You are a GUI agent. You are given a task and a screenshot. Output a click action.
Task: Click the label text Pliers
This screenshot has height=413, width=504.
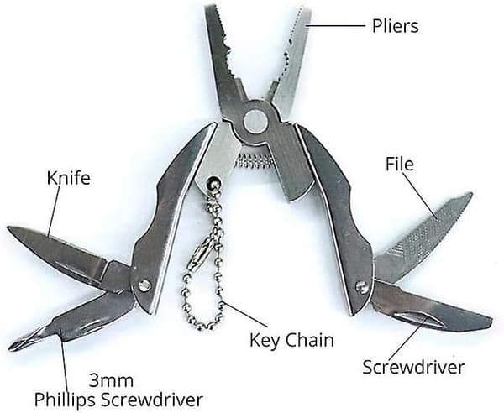[395, 26]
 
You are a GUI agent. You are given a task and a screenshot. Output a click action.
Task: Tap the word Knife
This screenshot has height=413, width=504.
[69, 178]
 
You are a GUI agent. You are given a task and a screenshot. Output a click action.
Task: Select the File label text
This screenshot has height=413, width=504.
[400, 164]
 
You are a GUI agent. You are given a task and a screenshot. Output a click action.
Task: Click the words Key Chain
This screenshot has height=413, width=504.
[291, 341]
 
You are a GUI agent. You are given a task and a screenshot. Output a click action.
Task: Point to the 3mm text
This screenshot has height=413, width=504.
[111, 381]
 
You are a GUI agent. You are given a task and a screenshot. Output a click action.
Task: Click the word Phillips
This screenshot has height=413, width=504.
[65, 400]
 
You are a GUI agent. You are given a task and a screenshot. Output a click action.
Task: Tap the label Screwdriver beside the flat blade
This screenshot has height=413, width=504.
[413, 367]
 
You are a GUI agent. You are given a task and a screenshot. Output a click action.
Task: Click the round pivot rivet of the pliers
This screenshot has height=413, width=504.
[255, 121]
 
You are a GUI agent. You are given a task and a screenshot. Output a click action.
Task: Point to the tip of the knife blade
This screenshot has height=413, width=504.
[8, 227]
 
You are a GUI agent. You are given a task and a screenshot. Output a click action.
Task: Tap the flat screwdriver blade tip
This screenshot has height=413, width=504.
[488, 322]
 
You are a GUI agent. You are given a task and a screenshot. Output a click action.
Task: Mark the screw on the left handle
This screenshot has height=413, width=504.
[144, 285]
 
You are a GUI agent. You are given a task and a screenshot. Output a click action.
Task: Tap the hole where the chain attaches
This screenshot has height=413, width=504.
[213, 182]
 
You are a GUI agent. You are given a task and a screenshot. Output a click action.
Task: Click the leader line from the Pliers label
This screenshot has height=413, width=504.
[335, 25]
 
